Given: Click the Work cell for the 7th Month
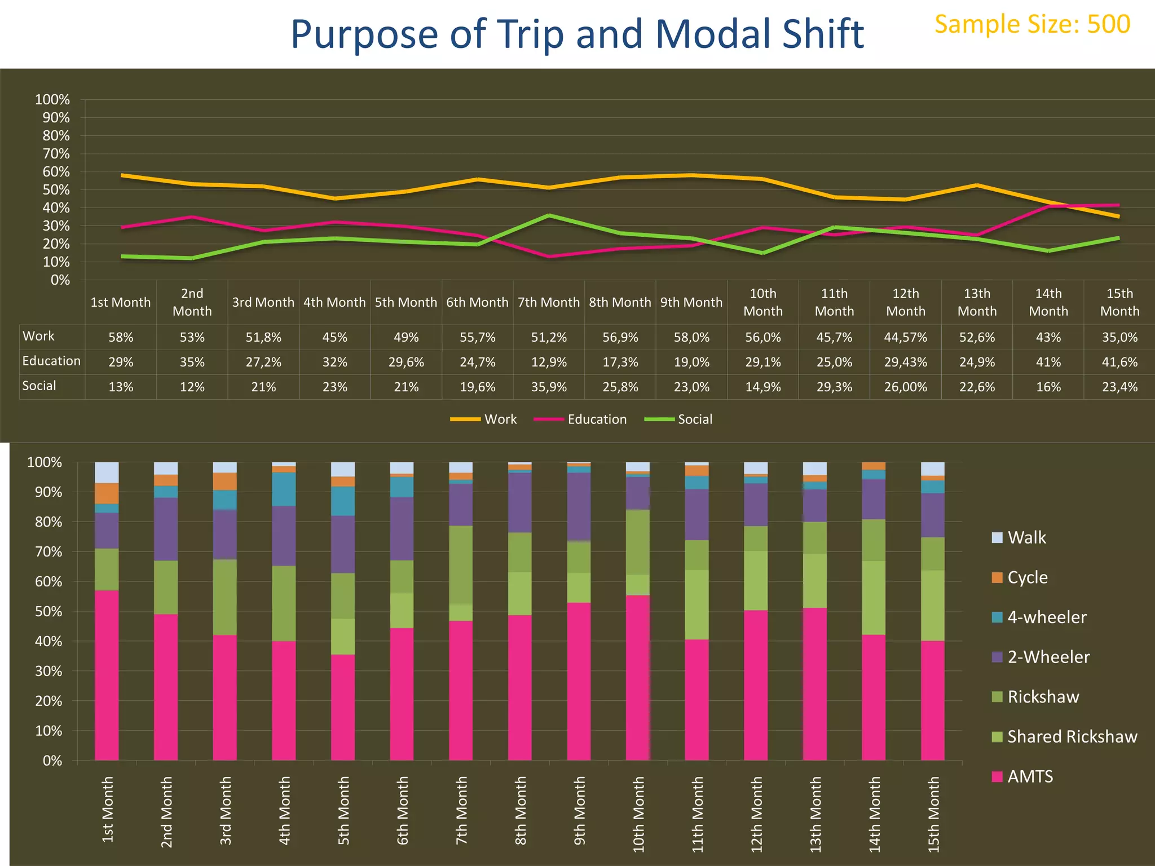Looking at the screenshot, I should click(x=549, y=337).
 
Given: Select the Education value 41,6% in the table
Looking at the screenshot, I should click(x=1119, y=362).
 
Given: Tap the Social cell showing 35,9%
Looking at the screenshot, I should click(x=549, y=387).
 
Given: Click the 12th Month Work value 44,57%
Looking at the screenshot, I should click(x=905, y=337).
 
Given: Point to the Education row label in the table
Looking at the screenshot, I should click(x=51, y=361).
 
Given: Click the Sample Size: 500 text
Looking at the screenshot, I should click(x=1032, y=24).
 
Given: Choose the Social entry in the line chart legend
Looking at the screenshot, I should click(x=694, y=419).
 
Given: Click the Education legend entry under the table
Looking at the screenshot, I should click(x=596, y=419).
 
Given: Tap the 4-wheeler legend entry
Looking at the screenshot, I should click(x=1046, y=617).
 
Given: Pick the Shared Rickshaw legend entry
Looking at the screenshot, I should click(x=1072, y=736).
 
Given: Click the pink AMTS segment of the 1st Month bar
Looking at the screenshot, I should click(x=107, y=677).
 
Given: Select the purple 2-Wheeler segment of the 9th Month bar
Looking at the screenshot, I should click(x=579, y=506).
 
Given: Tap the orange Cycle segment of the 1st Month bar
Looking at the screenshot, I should click(x=107, y=493).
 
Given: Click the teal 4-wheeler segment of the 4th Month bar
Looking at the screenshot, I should click(x=284, y=489).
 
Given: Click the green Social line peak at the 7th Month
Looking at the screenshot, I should click(x=549, y=215).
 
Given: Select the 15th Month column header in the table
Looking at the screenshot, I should click(x=1119, y=302).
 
